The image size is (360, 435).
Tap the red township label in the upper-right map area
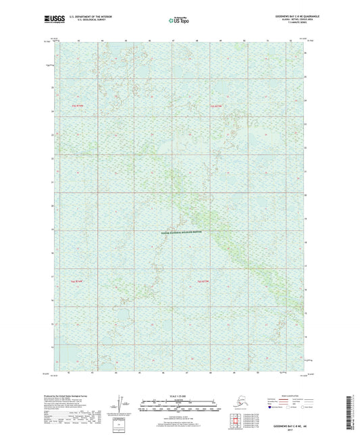click(215, 106)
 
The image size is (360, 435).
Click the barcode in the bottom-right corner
click(353, 409)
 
